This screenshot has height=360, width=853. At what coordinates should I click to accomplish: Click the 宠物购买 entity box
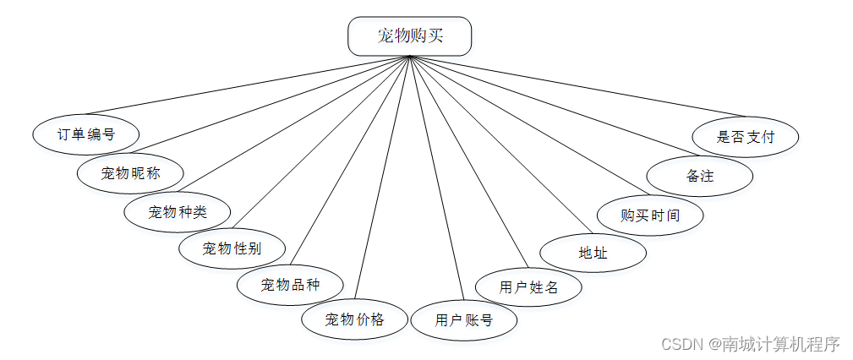coord(409,36)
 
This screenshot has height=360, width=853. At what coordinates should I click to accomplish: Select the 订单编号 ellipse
coord(86,134)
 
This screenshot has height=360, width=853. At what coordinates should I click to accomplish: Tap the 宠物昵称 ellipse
coord(130,174)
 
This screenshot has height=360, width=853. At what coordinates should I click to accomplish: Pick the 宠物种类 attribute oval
coord(178,211)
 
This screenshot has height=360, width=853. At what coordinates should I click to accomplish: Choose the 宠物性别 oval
coord(232,248)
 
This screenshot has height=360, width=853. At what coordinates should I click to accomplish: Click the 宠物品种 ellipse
coord(290,284)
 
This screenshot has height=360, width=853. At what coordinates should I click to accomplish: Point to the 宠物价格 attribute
coord(355,319)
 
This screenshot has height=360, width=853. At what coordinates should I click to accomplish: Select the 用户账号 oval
coord(463,320)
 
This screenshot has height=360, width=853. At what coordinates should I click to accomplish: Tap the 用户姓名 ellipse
coord(528,286)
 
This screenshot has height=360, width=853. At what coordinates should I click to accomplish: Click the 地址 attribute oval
coord(593,253)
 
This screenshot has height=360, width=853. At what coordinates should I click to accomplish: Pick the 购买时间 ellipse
coord(650,215)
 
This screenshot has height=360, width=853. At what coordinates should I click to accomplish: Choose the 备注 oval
coord(700,177)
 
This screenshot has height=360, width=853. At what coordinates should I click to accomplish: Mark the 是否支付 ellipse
coord(745,136)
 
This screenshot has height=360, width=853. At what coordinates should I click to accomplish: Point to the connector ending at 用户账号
coord(435,177)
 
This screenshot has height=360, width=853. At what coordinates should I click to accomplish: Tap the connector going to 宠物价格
coord(385,177)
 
